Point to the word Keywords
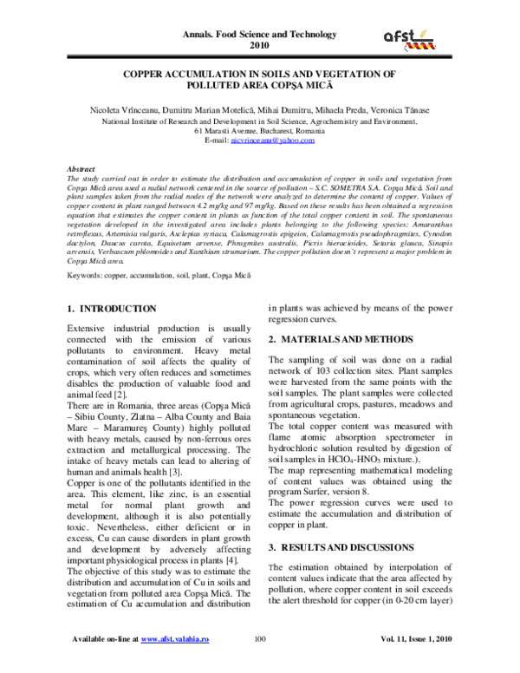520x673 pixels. point(88,251)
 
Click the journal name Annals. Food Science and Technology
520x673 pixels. point(259,33)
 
